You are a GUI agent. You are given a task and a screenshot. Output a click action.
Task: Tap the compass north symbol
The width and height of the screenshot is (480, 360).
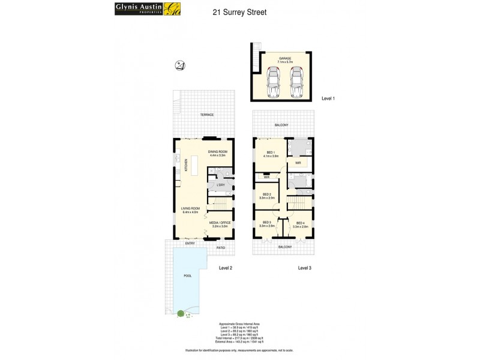(180, 65)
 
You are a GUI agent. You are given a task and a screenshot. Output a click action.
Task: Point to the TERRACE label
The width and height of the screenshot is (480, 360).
(207, 115)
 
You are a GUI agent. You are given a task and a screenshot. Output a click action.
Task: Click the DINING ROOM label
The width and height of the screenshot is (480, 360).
(218, 152)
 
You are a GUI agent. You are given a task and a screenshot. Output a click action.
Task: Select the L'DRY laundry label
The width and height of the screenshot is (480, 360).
(220, 185)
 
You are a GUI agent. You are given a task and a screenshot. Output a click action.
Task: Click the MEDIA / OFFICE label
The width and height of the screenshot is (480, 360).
(220, 223)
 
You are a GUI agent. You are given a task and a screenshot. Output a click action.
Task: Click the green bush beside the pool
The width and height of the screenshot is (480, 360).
(180, 313)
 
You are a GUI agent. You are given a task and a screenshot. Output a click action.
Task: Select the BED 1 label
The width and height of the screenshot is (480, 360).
(270, 152)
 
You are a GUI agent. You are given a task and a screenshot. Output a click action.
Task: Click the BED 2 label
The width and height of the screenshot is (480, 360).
(266, 196)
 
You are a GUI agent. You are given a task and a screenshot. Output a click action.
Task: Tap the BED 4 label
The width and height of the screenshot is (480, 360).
(300, 224)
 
